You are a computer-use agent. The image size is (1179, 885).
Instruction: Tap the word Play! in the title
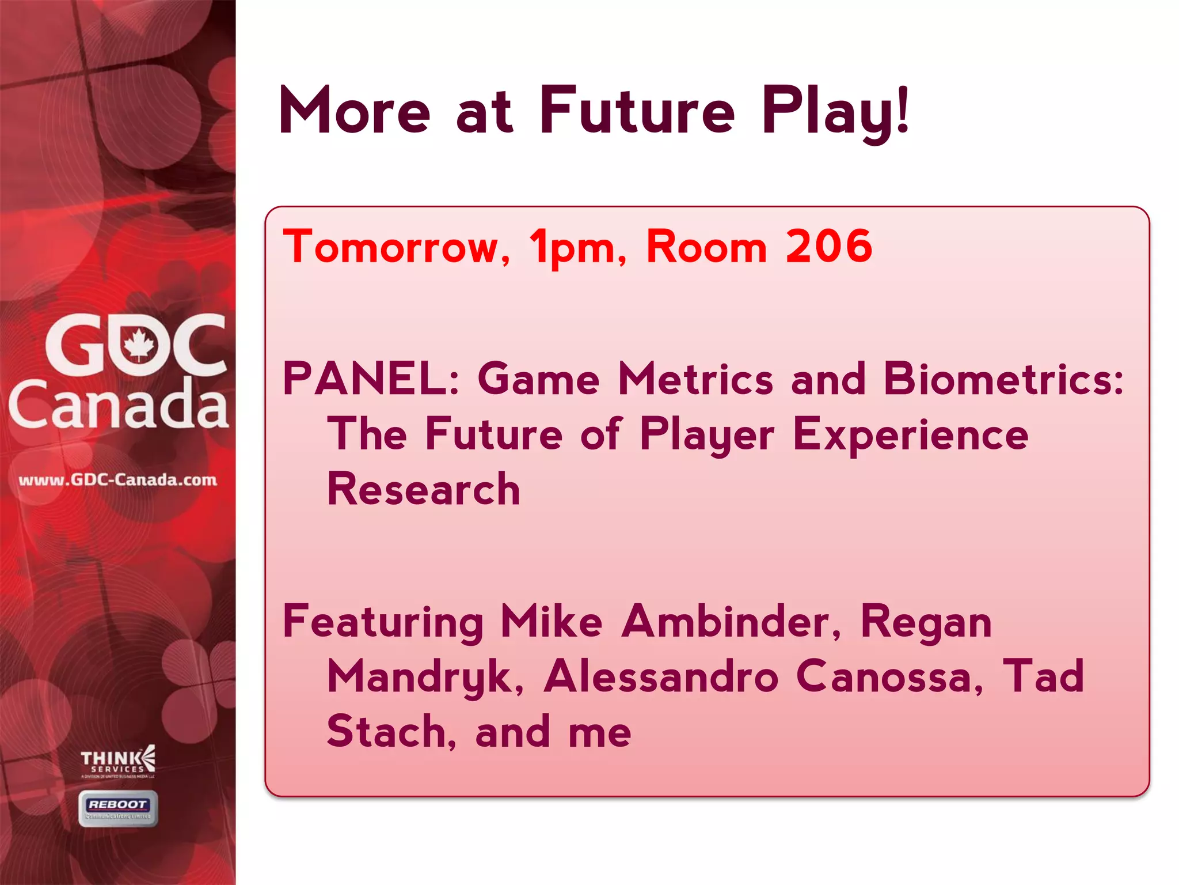tap(835, 111)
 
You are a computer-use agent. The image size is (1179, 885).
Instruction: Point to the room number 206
tap(829, 246)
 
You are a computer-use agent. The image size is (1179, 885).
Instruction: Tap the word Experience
tap(910, 434)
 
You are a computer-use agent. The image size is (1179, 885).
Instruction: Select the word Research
tap(423, 489)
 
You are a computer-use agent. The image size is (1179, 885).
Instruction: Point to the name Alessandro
tap(661, 676)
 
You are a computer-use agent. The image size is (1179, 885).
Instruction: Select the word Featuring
tap(383, 622)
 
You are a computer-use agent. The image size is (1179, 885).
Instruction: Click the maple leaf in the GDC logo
tap(139, 345)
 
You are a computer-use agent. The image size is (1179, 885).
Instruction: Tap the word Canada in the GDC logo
tap(118, 404)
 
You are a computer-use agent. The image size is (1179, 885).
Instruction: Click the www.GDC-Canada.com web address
tap(118, 479)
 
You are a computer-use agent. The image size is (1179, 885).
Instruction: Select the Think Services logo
tap(118, 761)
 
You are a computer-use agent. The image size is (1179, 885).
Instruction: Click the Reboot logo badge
tap(118, 808)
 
